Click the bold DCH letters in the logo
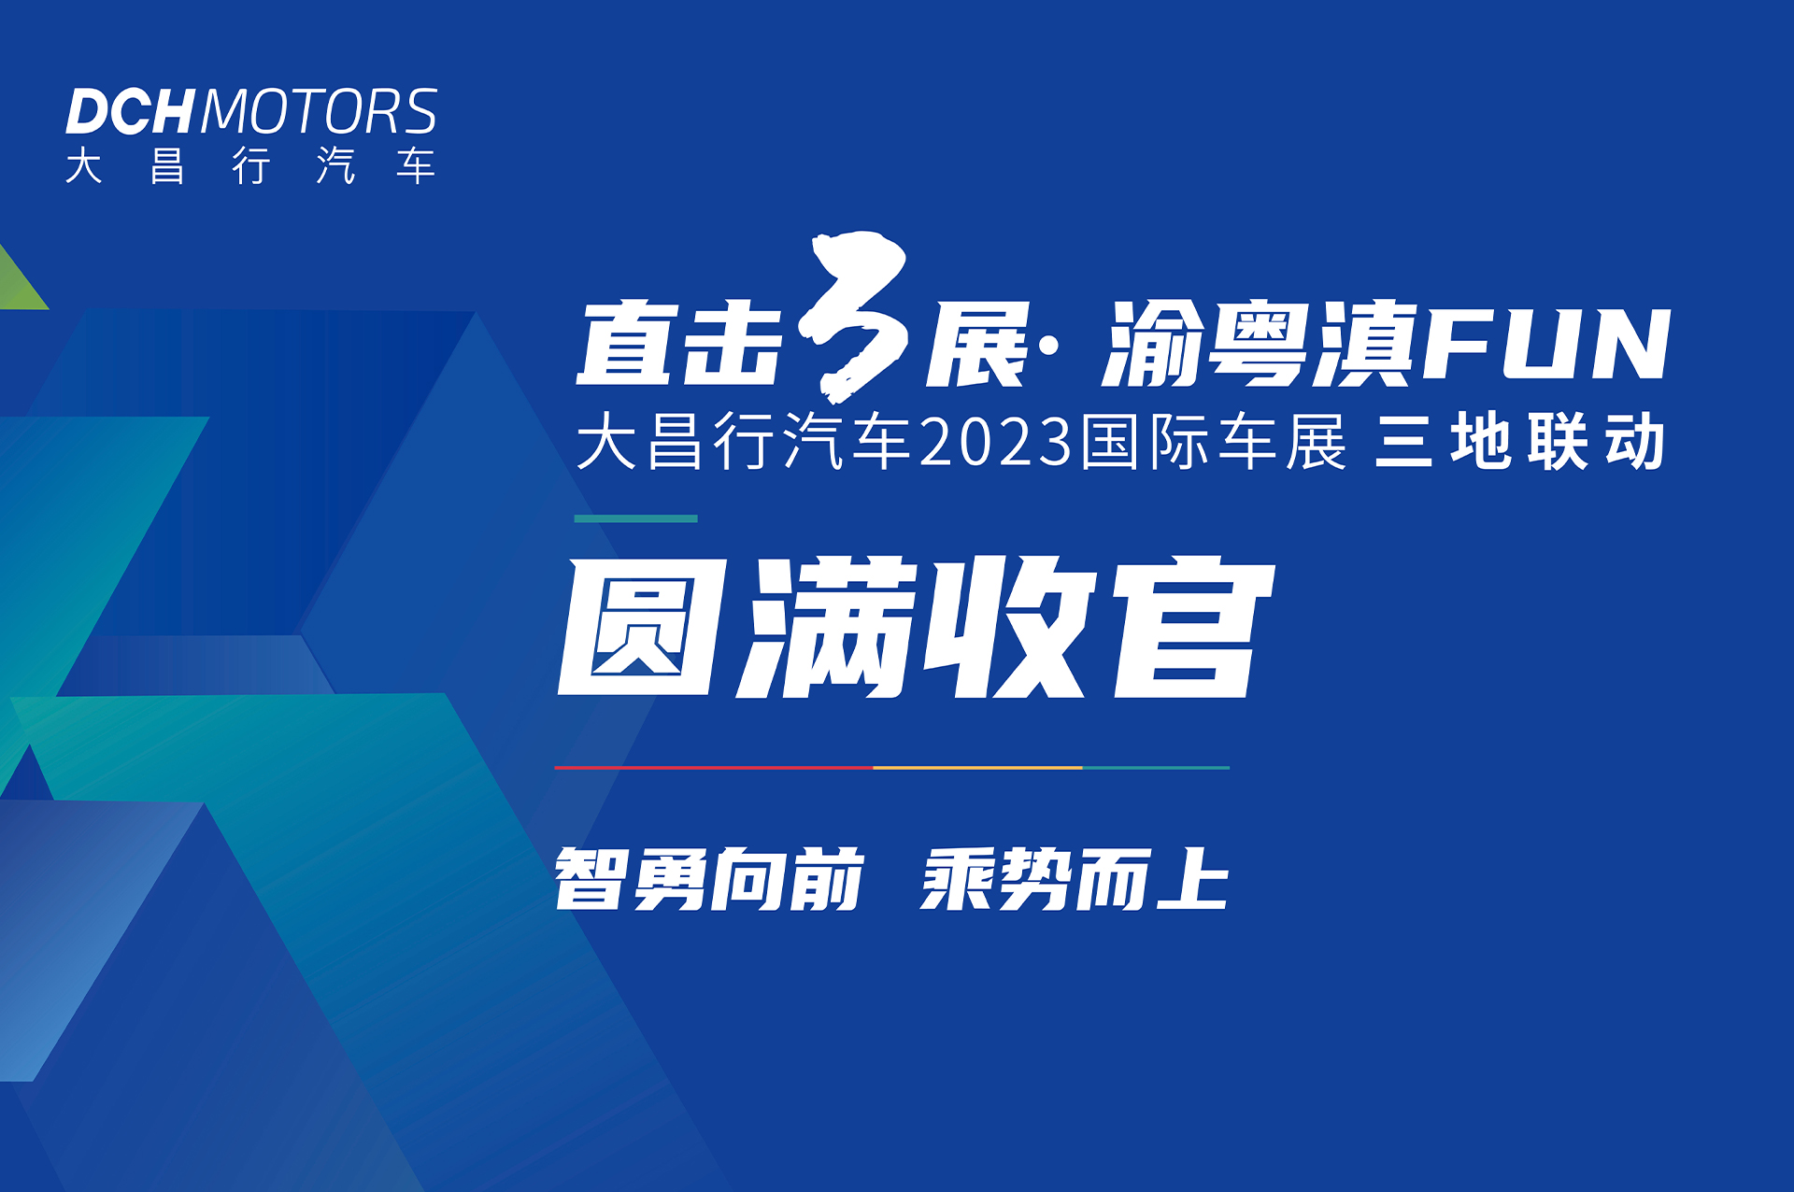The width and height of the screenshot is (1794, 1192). [x=129, y=112]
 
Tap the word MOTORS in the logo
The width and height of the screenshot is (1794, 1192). [x=319, y=112]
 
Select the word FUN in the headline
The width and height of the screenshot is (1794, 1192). [x=1546, y=345]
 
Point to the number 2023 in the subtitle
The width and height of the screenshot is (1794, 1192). [x=996, y=442]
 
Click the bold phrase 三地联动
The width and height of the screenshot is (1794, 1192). [x=1520, y=442]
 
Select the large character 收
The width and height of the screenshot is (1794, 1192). [x=1007, y=628]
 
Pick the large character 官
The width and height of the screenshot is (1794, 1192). [x=1194, y=628]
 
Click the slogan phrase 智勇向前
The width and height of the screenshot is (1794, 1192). [x=709, y=878]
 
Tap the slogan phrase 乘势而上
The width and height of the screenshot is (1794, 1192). [x=1075, y=878]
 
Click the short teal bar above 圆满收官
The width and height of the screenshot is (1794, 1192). [x=636, y=518]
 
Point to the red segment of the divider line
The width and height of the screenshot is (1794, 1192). [x=714, y=768]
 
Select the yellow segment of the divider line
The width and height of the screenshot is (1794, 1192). [x=977, y=768]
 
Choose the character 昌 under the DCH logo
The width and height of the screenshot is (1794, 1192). [x=167, y=166]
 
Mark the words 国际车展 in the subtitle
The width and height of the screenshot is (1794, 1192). [x=1213, y=442]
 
